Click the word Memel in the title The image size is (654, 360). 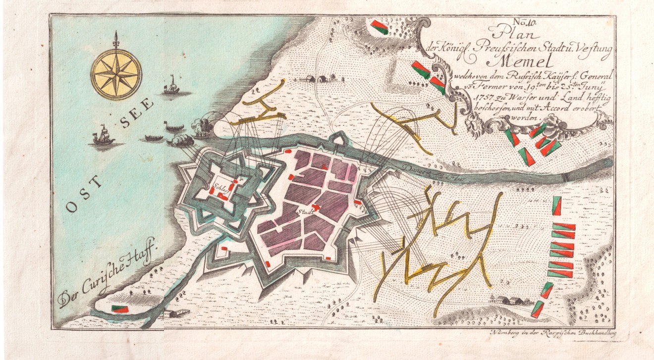tap(515, 61)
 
